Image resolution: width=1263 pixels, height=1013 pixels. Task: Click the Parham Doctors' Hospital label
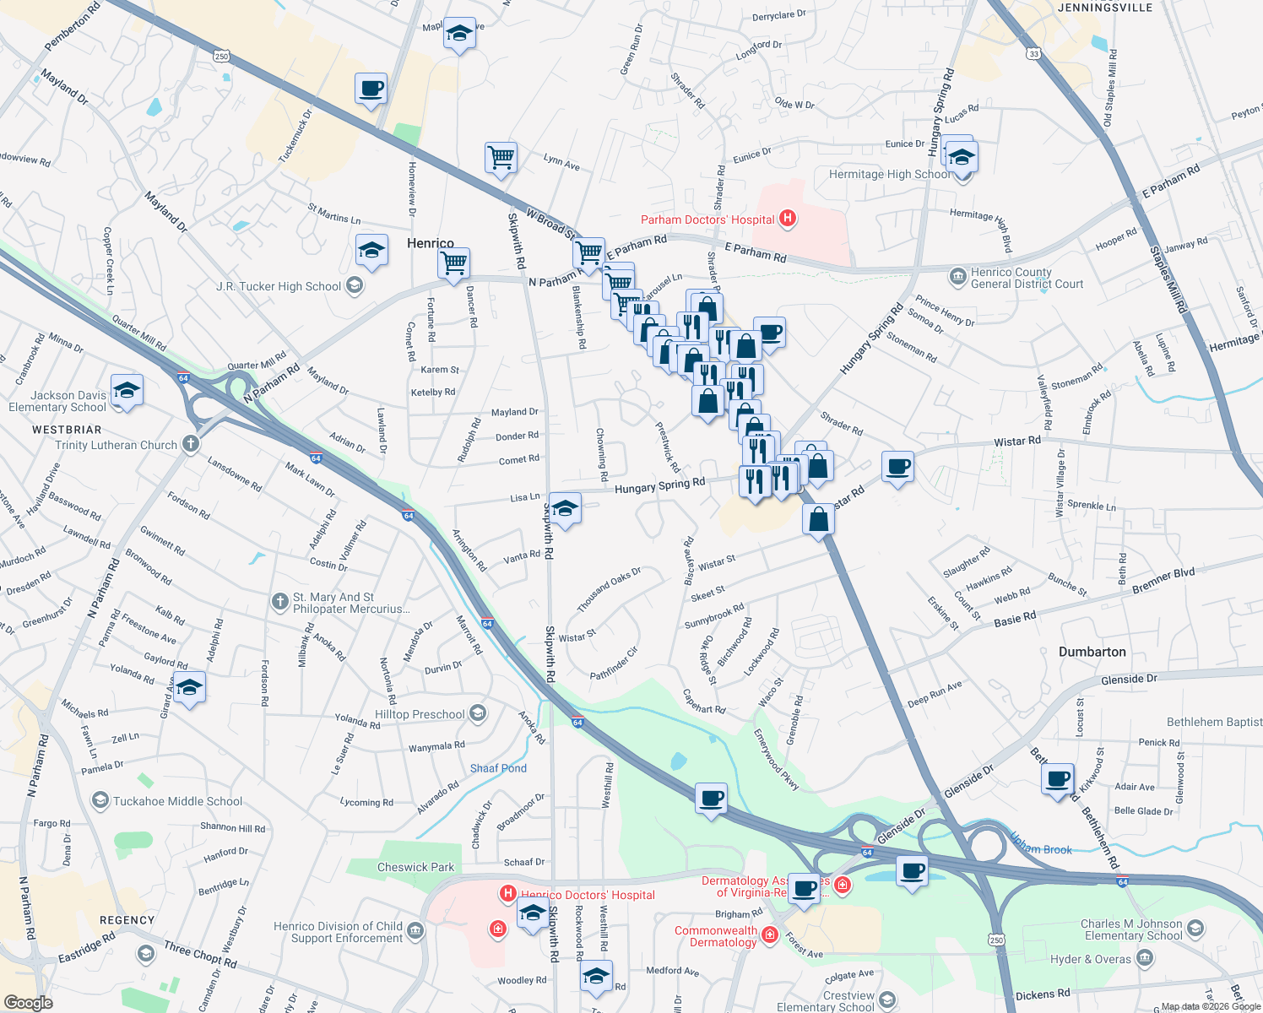click(x=707, y=219)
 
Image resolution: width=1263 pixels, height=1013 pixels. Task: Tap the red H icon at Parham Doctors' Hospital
click(x=788, y=219)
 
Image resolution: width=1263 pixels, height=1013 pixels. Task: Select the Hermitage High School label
click(x=888, y=175)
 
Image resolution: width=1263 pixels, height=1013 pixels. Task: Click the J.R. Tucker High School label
click(x=279, y=287)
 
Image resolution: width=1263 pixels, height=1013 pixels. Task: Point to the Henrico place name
click(x=431, y=243)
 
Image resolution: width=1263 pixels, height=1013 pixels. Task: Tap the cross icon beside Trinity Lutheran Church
click(x=191, y=444)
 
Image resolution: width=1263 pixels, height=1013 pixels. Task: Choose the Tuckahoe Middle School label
click(x=177, y=801)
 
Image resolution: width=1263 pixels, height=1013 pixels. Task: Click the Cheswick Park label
click(x=415, y=867)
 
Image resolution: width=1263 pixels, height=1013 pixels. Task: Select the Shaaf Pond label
click(x=498, y=768)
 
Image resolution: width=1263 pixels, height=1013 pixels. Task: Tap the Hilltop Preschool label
click(x=420, y=714)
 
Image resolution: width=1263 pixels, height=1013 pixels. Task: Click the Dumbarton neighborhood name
click(x=1092, y=652)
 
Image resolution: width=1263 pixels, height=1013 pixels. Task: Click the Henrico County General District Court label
click(x=1027, y=279)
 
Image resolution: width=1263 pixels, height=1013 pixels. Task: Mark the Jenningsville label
click(x=1105, y=8)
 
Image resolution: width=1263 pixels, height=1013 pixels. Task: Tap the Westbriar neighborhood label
click(x=67, y=430)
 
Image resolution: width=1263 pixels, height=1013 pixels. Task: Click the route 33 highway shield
click(x=1034, y=54)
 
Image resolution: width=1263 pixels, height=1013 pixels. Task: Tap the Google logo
click(x=28, y=1003)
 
